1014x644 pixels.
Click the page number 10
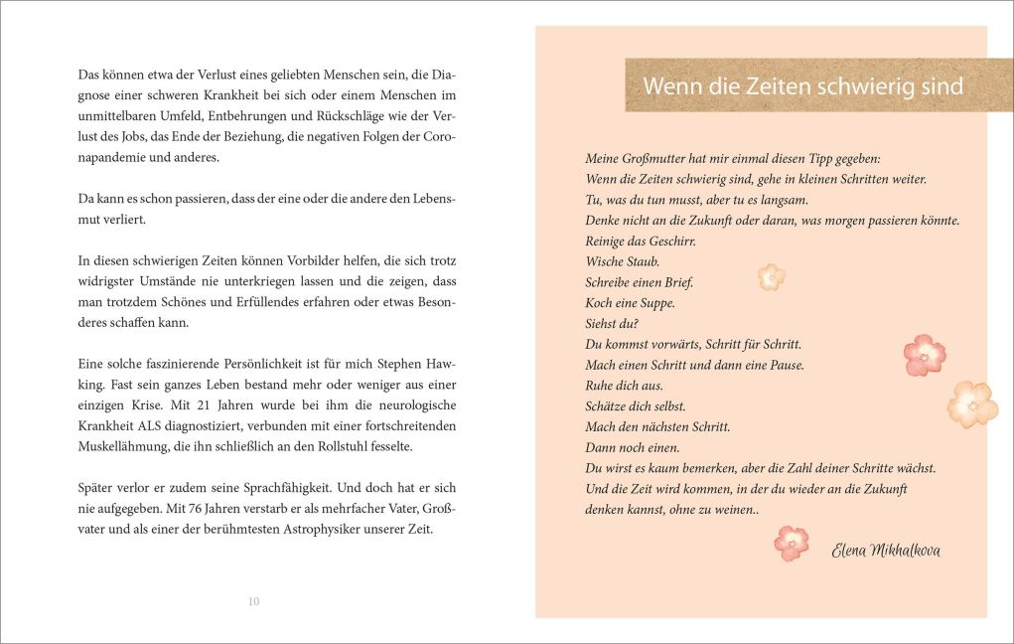(x=253, y=601)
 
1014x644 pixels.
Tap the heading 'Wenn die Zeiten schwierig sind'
(x=802, y=86)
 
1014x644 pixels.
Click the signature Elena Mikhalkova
(x=886, y=551)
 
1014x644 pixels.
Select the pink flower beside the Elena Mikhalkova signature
(x=792, y=543)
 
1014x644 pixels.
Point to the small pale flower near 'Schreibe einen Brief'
(x=771, y=276)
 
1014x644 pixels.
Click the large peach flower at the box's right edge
(x=971, y=403)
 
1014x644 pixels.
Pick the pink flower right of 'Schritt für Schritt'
(x=924, y=354)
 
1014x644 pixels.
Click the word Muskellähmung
(x=122, y=447)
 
